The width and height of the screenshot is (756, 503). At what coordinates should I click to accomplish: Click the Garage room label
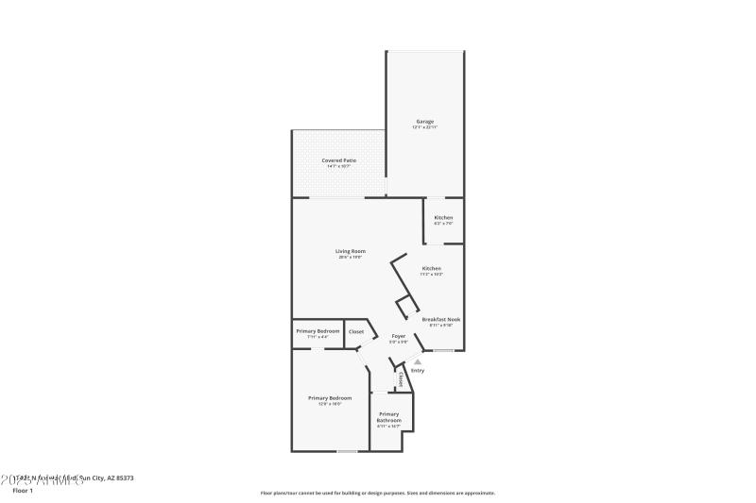coord(424,121)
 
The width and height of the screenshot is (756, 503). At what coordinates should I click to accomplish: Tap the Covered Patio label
coord(338,160)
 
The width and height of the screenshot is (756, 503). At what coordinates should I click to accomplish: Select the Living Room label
coord(351,251)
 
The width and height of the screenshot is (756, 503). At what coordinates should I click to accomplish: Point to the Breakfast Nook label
coord(441,319)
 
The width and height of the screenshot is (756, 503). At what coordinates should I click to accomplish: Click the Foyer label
coord(399,336)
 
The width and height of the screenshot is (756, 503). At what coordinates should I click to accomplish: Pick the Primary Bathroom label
coord(389,417)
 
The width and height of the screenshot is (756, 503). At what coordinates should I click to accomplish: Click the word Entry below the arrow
coord(418,370)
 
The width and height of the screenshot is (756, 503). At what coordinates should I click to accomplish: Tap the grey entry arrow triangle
coord(418,360)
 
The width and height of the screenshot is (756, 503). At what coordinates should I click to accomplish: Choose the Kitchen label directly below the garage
coord(443,217)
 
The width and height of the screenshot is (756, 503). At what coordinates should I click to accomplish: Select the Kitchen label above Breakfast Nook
coord(432,268)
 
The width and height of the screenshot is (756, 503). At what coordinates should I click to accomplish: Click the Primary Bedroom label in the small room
coord(318,331)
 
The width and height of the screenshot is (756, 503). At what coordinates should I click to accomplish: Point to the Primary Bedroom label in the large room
coord(323,397)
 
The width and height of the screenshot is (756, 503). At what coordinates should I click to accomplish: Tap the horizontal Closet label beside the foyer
coord(356,331)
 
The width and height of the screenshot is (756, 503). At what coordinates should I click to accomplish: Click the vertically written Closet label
coord(401,379)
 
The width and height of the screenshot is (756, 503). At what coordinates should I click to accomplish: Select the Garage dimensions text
coord(424,127)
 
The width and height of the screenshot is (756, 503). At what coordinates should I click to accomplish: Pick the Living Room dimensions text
coord(351,258)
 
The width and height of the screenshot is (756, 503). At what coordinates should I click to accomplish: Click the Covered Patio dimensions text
coord(338,167)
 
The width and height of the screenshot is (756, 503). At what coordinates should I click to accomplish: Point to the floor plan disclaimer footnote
coord(377,493)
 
